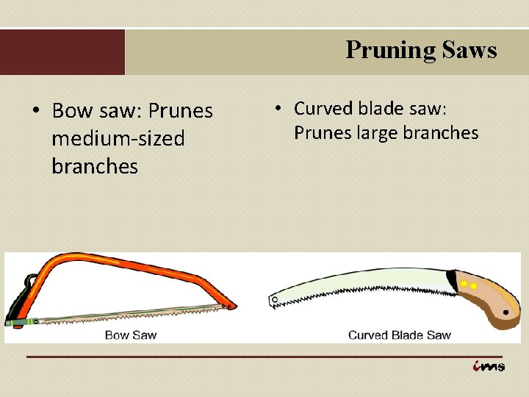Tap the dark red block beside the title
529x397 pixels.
click(62, 52)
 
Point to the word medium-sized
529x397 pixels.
click(118, 138)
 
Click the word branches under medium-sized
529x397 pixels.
click(95, 166)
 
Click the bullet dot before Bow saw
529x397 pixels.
click(35, 111)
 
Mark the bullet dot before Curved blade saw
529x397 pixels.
click(279, 108)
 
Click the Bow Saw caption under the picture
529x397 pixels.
click(131, 335)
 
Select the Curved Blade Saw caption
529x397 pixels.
click(400, 335)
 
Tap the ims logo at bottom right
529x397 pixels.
click(489, 366)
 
